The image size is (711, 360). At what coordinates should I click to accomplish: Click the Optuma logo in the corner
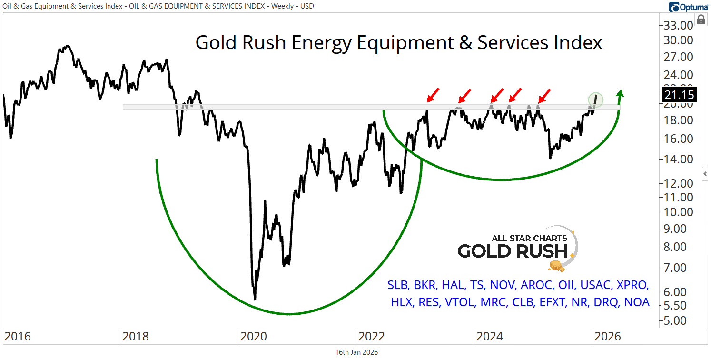pos(689,7)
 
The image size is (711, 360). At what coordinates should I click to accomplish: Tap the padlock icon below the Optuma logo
pos(701,20)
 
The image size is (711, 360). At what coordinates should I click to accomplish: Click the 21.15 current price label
pos(678,95)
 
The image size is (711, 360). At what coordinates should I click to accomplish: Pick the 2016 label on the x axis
pos(17,337)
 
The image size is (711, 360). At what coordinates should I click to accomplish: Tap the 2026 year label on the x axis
pos(608,337)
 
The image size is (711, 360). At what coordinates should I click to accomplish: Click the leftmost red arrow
pos(433,95)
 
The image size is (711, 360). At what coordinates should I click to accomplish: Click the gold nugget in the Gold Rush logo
pos(556,266)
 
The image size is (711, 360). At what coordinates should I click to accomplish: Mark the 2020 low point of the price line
pos(255,299)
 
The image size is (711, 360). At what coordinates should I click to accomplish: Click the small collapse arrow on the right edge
pos(705,173)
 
